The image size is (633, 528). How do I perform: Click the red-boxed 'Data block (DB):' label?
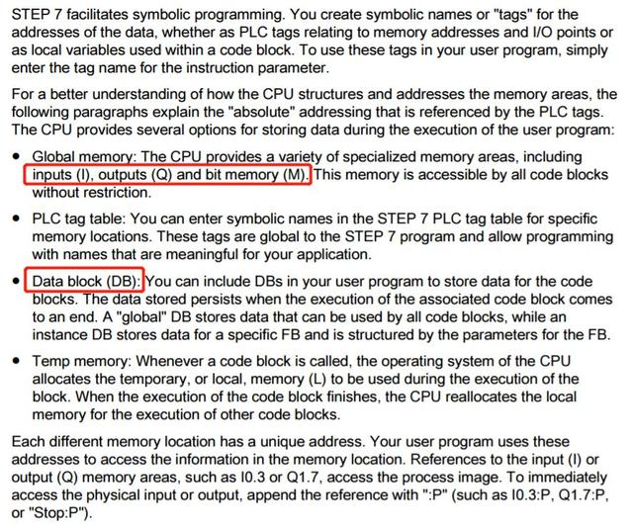click(86, 282)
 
